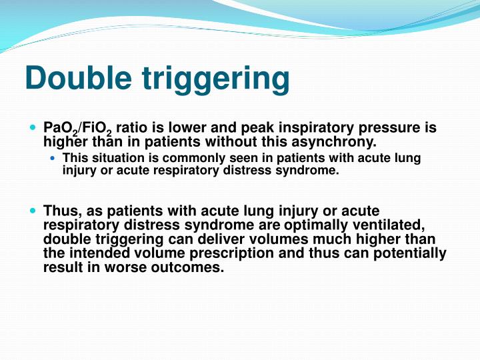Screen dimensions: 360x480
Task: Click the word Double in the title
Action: [78, 79]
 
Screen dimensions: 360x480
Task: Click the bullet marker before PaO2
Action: [34, 126]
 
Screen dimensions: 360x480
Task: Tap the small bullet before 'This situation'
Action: [55, 158]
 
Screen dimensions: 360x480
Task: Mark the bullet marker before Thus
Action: [34, 209]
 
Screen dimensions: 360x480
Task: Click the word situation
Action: [111, 159]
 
